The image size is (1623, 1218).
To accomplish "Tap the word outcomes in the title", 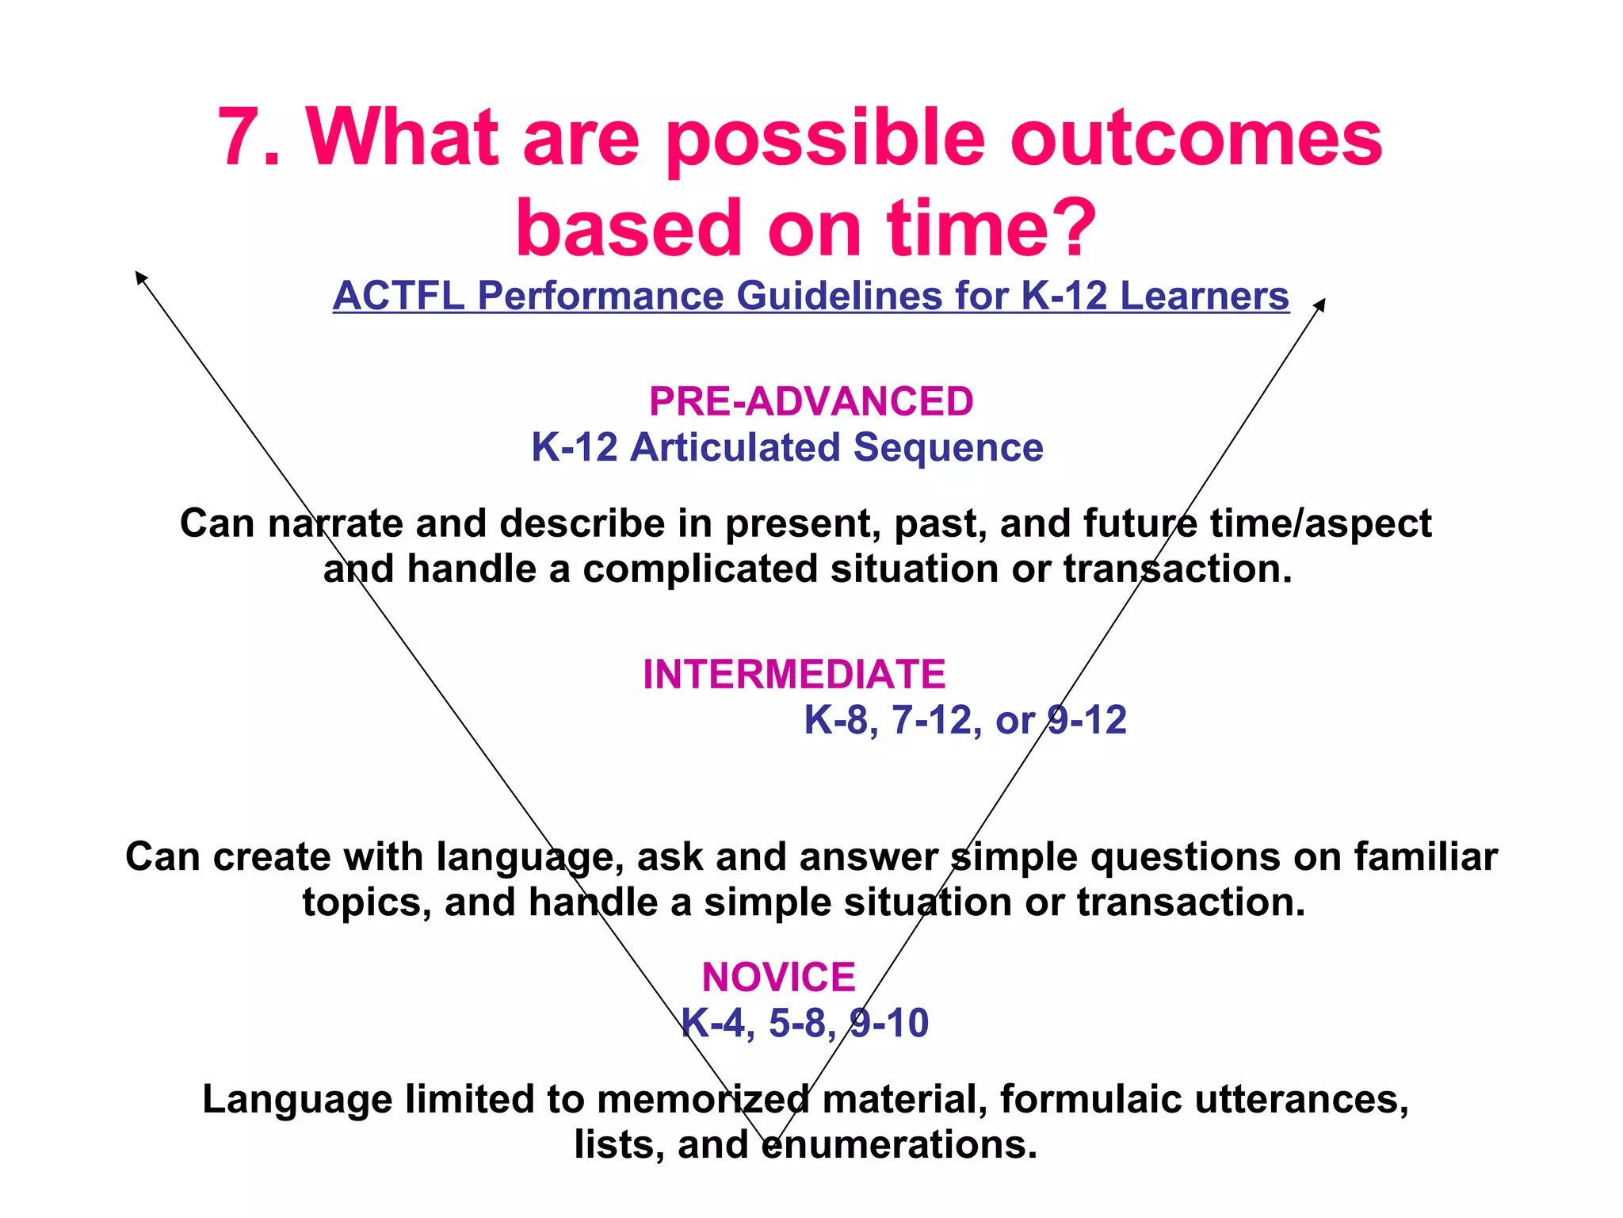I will pos(1196,139).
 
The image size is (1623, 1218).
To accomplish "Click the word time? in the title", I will pos(991,230).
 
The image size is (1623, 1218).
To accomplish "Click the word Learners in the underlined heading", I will pos(1204,296).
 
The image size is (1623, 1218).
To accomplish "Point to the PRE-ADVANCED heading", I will pos(811,401).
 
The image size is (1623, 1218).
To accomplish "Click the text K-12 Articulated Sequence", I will pos(787,447).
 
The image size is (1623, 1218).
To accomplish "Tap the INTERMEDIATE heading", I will pos(794,674).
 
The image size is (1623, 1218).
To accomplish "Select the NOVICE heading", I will pos(778,977).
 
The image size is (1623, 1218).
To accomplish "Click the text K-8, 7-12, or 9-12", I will pos(964,720).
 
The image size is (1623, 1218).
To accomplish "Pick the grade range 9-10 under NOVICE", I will pos(888,1023).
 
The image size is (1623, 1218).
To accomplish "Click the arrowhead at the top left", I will pos(139,275).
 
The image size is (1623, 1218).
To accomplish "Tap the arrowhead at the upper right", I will pos(1320,303).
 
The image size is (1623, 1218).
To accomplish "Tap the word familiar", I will pos(1425,857).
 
